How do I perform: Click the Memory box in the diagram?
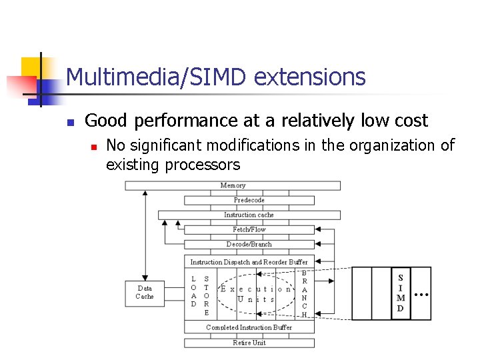coord(233,185)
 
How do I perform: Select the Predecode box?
coord(249,200)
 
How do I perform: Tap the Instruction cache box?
coord(249,215)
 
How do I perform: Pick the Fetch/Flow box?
coord(249,229)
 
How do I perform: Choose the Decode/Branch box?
coord(249,244)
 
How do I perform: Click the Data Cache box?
coord(145,293)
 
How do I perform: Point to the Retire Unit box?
coord(249,343)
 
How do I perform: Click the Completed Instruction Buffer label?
coord(249,327)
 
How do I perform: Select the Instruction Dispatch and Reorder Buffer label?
coord(249,262)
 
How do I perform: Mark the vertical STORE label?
coord(207,295)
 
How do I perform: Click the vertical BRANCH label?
coord(305,293)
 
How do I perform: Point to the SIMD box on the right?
coord(401,293)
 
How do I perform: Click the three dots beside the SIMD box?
coord(421,293)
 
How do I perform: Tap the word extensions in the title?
coord(310,77)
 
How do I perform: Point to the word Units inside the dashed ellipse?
coord(256,299)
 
